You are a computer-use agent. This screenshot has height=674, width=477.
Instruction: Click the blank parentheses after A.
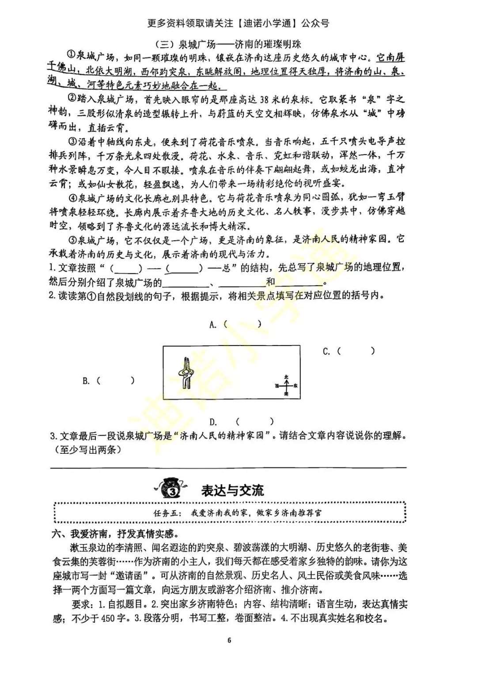tap(242, 324)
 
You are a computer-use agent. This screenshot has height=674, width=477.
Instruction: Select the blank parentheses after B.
tap(115, 380)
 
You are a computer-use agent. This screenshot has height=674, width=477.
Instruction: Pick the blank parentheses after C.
tap(356, 351)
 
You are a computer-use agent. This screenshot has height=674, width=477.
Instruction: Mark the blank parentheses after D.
tap(255, 422)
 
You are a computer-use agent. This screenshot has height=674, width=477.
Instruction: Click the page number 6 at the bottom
tap(229, 640)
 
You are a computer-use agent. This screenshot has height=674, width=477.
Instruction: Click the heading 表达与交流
tap(232, 490)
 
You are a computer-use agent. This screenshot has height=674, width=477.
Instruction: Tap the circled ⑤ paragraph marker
tap(72, 240)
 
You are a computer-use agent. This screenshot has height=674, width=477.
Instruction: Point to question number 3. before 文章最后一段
tap(53, 436)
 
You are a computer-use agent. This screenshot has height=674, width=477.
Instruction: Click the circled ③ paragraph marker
tap(72, 142)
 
